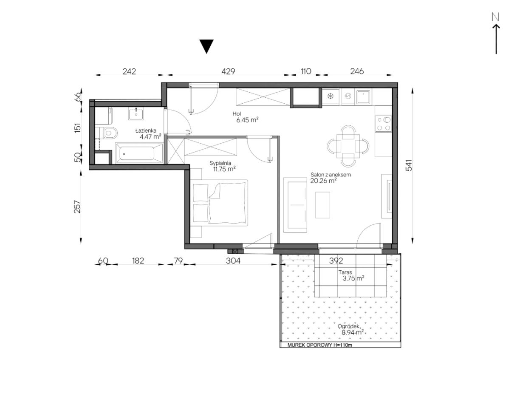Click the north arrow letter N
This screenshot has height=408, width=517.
tap(495, 17)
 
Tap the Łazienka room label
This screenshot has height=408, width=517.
tap(146, 131)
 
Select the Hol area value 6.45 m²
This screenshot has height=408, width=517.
tap(247, 120)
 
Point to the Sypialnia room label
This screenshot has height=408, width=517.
tap(220, 163)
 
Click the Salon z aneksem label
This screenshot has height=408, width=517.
tap(331, 175)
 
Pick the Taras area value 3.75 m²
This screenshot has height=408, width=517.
tap(353, 278)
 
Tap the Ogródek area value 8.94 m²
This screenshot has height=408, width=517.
tap(353, 332)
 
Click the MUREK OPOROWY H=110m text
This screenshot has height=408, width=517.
tap(319, 345)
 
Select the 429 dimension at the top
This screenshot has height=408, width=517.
tap(228, 71)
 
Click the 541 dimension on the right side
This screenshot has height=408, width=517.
tap(409, 165)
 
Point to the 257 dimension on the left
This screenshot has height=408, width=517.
tap(77, 207)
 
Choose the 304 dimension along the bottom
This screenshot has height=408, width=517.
tap(233, 261)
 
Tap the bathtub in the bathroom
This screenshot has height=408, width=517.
tap(139, 153)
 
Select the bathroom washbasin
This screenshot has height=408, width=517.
tap(136, 114)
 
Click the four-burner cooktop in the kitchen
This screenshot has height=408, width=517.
tap(384, 123)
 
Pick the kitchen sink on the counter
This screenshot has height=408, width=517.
tap(364, 96)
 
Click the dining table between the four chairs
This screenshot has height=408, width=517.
tap(348, 146)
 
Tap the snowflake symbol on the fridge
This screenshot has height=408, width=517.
tap(331, 96)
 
